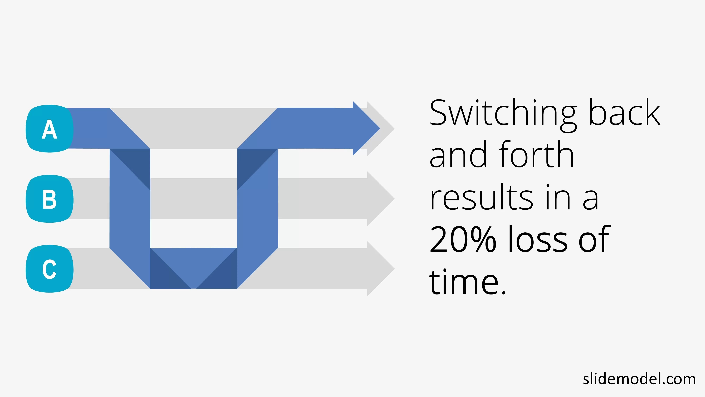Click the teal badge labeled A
coord(50,129)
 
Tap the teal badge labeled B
coord(50,199)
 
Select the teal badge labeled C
coord(50,269)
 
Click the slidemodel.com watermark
coord(639,379)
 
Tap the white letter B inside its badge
coord(50,199)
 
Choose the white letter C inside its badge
coord(50,269)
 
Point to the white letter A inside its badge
coord(50,129)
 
